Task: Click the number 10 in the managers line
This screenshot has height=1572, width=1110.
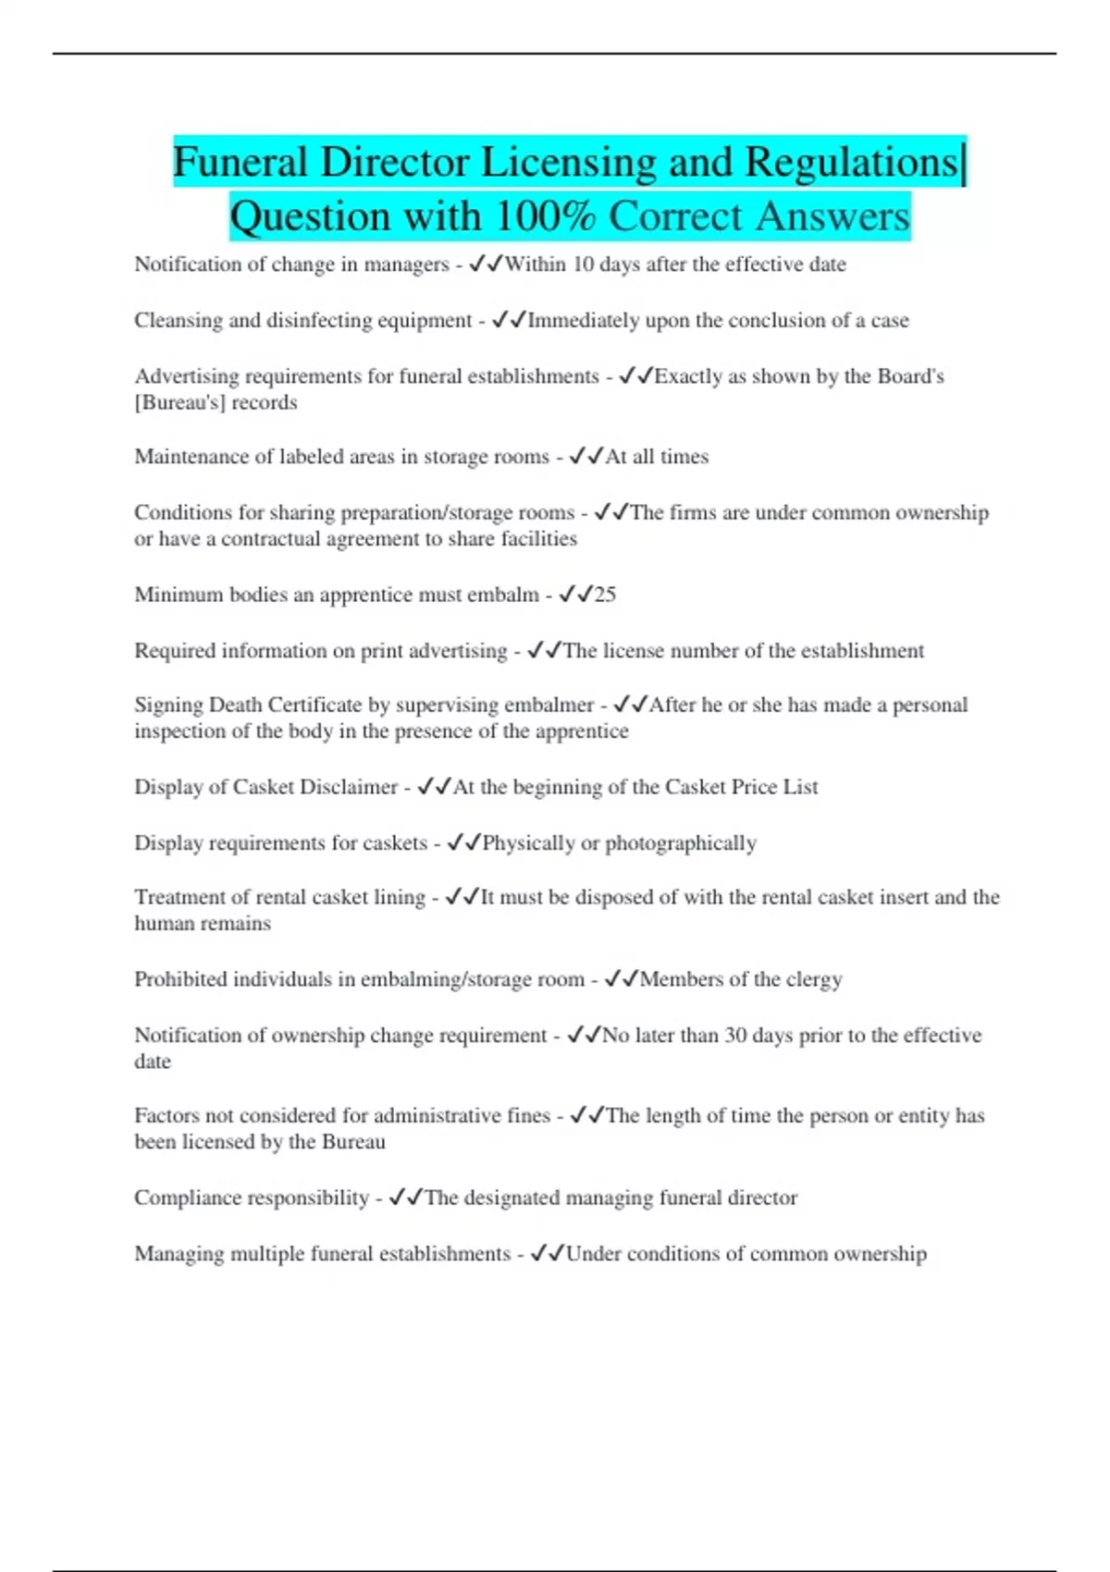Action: (584, 264)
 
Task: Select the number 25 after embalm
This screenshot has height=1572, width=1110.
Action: (605, 595)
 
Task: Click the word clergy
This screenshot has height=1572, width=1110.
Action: (814, 979)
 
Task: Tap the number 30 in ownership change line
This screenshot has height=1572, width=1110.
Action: (735, 1036)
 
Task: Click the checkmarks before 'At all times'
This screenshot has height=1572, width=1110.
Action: (586, 457)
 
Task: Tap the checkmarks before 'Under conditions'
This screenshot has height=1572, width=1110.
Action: (547, 1254)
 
